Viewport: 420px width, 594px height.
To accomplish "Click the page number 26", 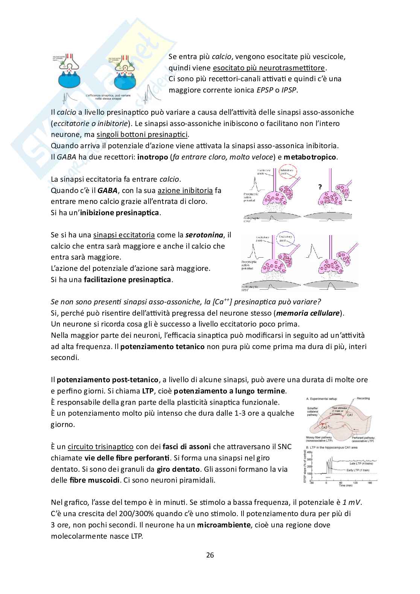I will [x=210, y=555].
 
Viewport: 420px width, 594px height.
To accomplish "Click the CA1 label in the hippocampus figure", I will [x=350, y=415].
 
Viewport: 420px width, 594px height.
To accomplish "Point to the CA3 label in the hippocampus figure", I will [x=324, y=427].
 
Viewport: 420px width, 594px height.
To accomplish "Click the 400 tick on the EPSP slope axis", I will [x=310, y=452].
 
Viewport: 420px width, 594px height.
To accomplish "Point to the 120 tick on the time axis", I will [x=355, y=482].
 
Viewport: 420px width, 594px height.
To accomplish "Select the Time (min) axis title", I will [x=347, y=486].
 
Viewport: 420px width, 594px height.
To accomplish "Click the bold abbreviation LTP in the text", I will [x=148, y=391].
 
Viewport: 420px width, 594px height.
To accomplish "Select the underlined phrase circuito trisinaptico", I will [x=100, y=447].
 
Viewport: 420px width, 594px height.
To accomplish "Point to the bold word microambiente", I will [x=224, y=525].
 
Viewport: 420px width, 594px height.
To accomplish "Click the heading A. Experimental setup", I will [x=322, y=398].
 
